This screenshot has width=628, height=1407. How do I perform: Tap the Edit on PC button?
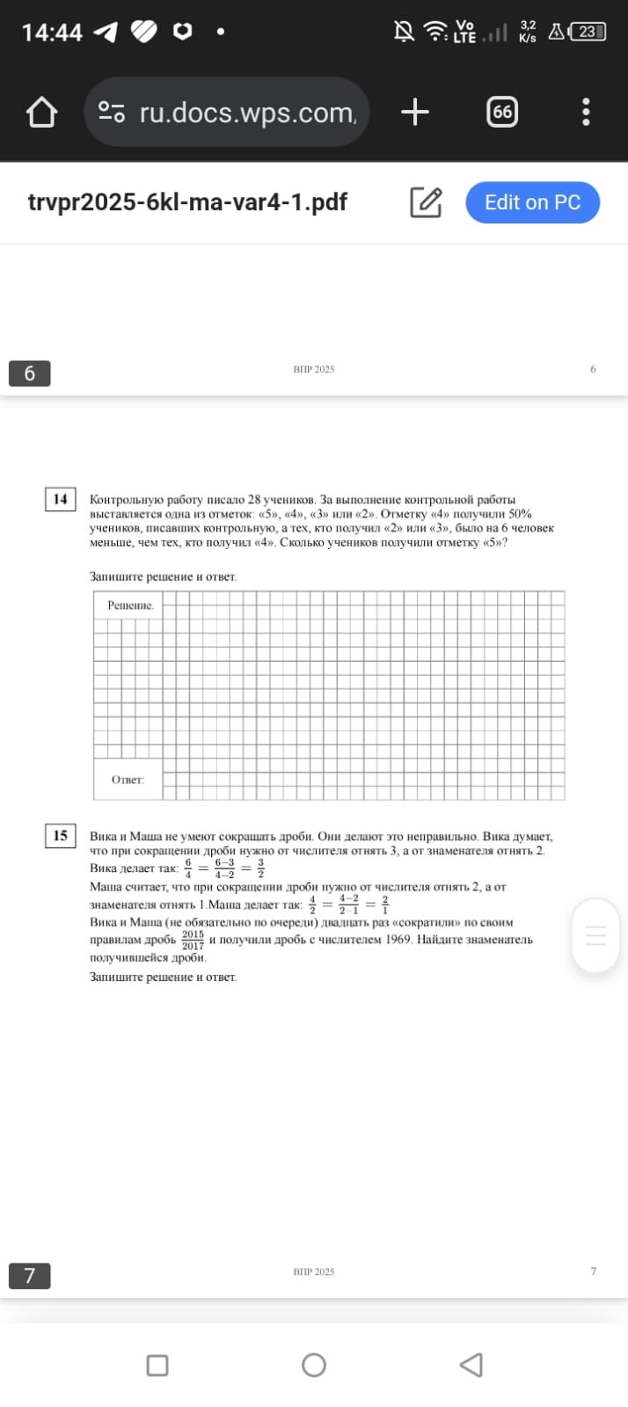tap(532, 202)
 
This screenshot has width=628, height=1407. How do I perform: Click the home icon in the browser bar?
tap(41, 113)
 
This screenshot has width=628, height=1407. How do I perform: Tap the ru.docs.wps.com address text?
tap(247, 113)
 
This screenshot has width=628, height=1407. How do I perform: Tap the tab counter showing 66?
tap(501, 112)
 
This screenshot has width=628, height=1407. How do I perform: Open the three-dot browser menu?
tap(586, 112)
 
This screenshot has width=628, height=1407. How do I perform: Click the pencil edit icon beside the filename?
tap(426, 202)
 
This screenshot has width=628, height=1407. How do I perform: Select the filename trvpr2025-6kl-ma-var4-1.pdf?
tap(187, 202)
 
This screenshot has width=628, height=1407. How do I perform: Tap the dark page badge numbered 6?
tap(29, 373)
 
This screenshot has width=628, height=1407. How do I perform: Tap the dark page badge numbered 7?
tap(29, 1275)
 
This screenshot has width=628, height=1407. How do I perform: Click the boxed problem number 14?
tap(60, 499)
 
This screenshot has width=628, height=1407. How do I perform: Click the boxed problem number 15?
tap(60, 835)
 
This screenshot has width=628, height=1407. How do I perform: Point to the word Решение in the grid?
tap(130, 605)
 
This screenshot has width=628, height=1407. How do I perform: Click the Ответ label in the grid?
tap(128, 780)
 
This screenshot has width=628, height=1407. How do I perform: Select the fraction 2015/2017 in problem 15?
tap(193, 940)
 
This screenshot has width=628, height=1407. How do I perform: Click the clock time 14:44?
tap(52, 33)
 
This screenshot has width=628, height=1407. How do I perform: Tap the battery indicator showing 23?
tap(588, 33)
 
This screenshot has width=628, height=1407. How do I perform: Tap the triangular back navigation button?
tap(471, 1365)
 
